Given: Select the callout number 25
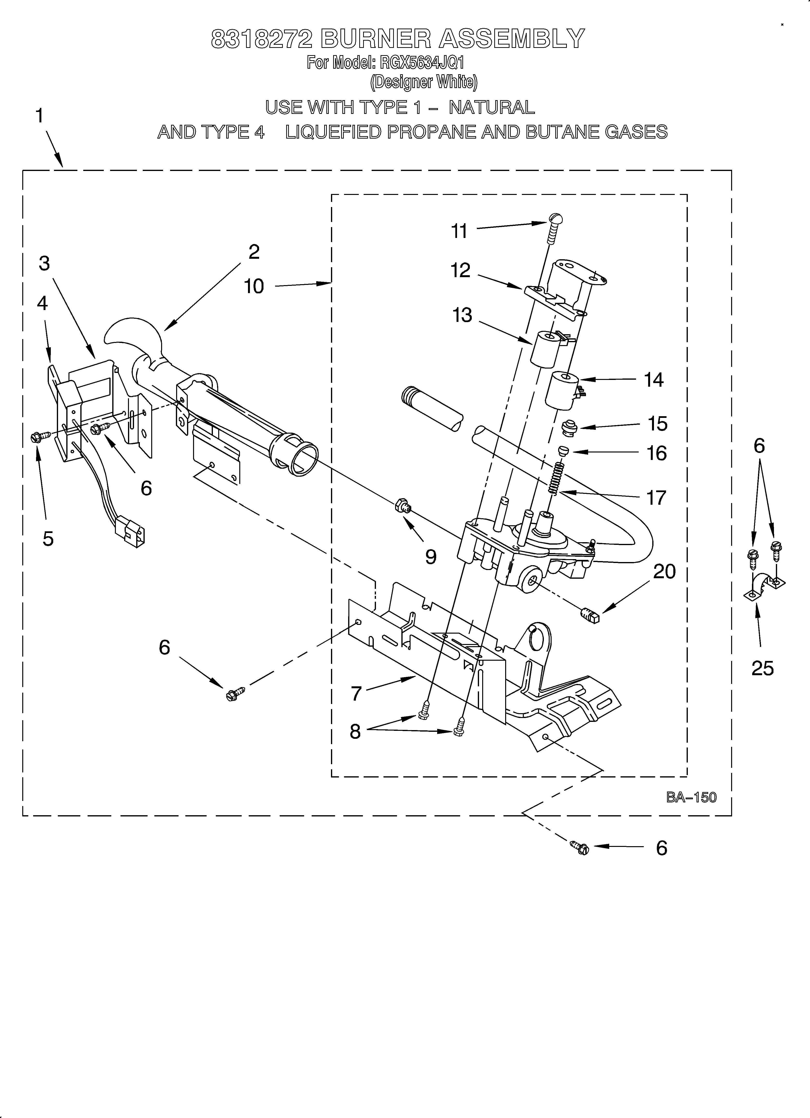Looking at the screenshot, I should pos(762,668).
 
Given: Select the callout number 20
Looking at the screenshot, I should pos(664,572).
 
